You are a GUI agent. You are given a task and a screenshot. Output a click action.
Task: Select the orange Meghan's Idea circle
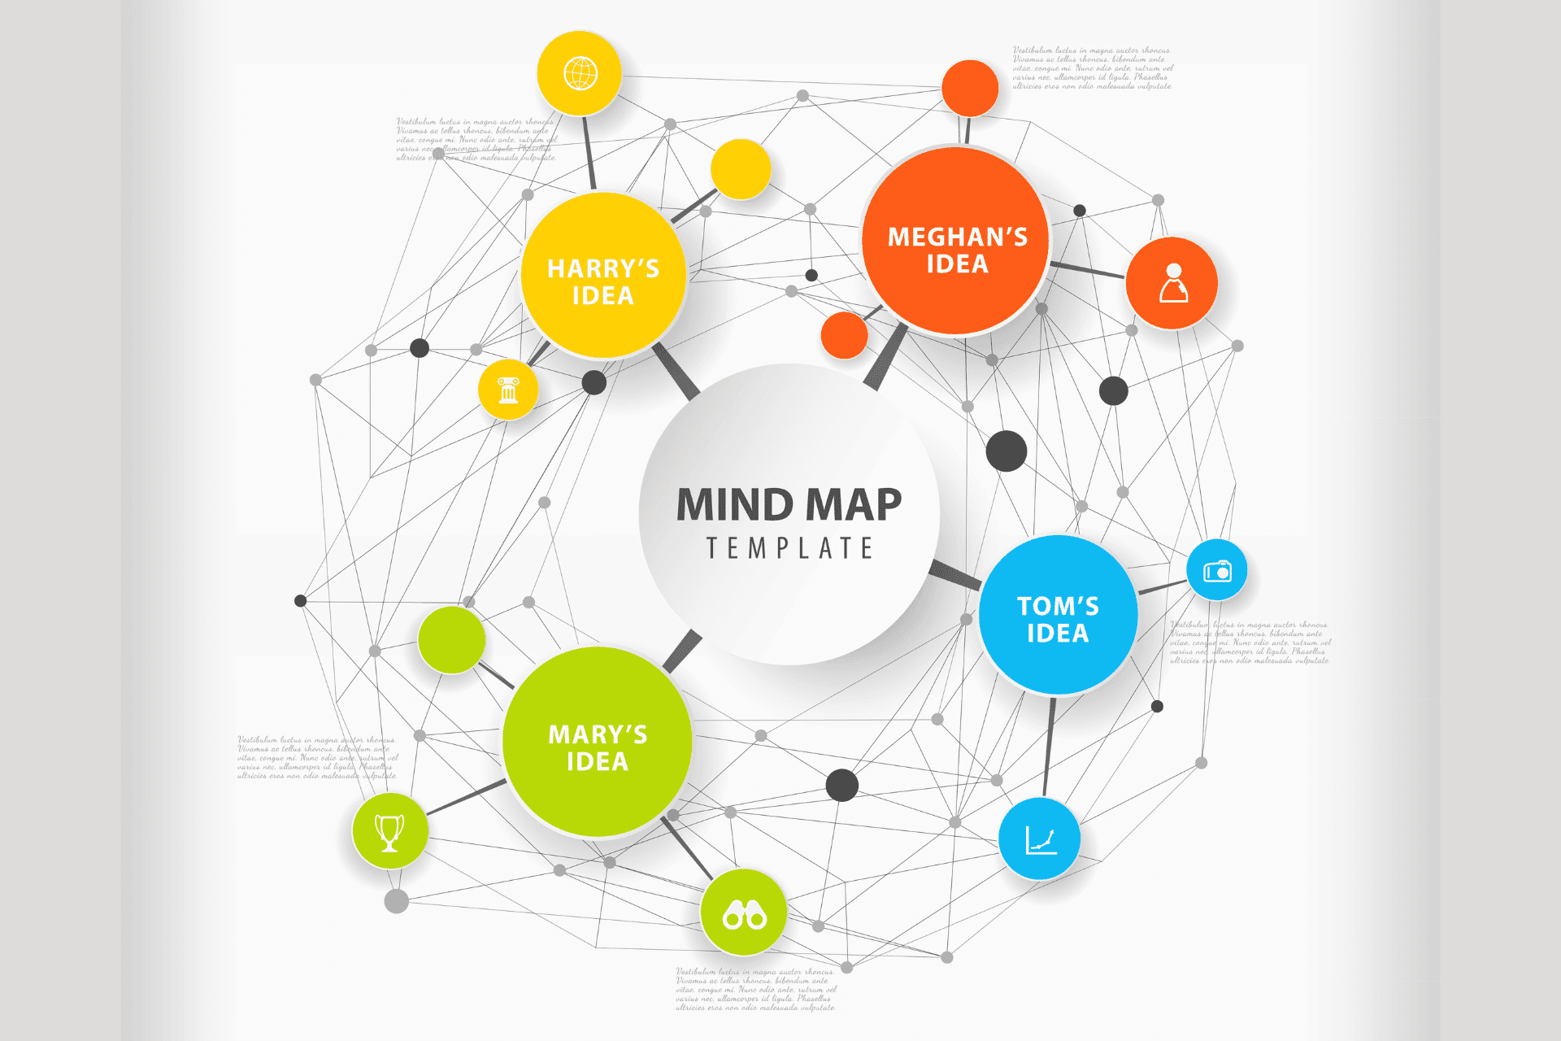coord(956,241)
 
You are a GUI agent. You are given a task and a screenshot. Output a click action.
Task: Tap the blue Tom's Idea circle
coord(1057,615)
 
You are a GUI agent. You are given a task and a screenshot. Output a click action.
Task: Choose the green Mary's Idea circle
coord(597,742)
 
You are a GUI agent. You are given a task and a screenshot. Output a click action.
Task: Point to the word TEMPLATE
coord(789,548)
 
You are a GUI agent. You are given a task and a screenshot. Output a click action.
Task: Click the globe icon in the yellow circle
coord(580,73)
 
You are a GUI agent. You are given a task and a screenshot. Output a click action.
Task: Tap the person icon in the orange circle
coord(1172,283)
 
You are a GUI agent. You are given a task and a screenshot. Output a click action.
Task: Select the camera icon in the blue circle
coord(1217,570)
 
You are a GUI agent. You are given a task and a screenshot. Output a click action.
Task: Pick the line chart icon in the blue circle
coord(1040,839)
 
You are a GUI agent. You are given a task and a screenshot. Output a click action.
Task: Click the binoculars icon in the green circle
coord(744,913)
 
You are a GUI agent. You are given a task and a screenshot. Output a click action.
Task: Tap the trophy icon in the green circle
coord(389,831)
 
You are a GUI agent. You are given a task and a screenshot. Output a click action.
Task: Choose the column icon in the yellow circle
coord(508,390)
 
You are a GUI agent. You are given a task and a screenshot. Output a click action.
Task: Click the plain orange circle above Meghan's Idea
coord(970,88)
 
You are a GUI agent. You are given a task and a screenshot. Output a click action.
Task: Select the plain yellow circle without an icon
coord(741,169)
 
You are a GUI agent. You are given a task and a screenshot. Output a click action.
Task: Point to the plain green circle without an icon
coord(451,639)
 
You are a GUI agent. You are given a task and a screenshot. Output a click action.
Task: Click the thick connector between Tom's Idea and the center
coord(956,574)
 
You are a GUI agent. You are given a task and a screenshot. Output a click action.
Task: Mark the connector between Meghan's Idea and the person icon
coord(1088,270)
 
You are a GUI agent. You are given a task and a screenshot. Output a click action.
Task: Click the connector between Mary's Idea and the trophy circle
coord(466,798)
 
